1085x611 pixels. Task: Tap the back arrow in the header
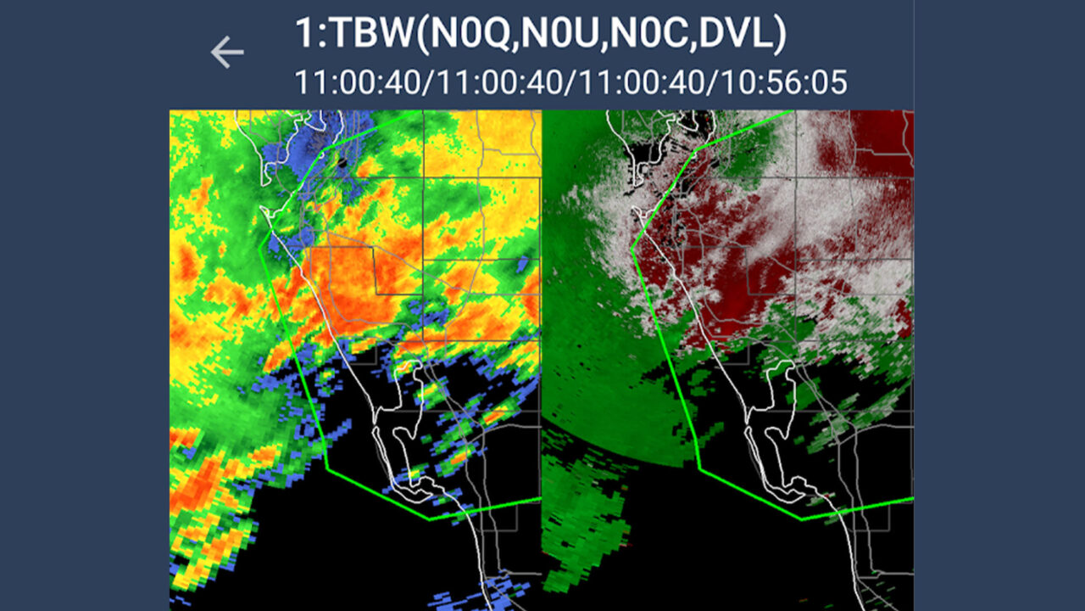click(x=227, y=53)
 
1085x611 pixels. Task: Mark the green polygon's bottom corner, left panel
click(x=429, y=519)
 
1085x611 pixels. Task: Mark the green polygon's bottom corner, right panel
click(x=801, y=518)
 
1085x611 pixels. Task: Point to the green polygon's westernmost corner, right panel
click(x=632, y=247)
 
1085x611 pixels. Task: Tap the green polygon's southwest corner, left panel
click(x=327, y=467)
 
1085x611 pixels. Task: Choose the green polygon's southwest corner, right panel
click(x=699, y=467)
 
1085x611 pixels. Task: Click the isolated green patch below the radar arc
click(x=585, y=518)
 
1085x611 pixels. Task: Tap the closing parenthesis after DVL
click(x=780, y=34)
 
